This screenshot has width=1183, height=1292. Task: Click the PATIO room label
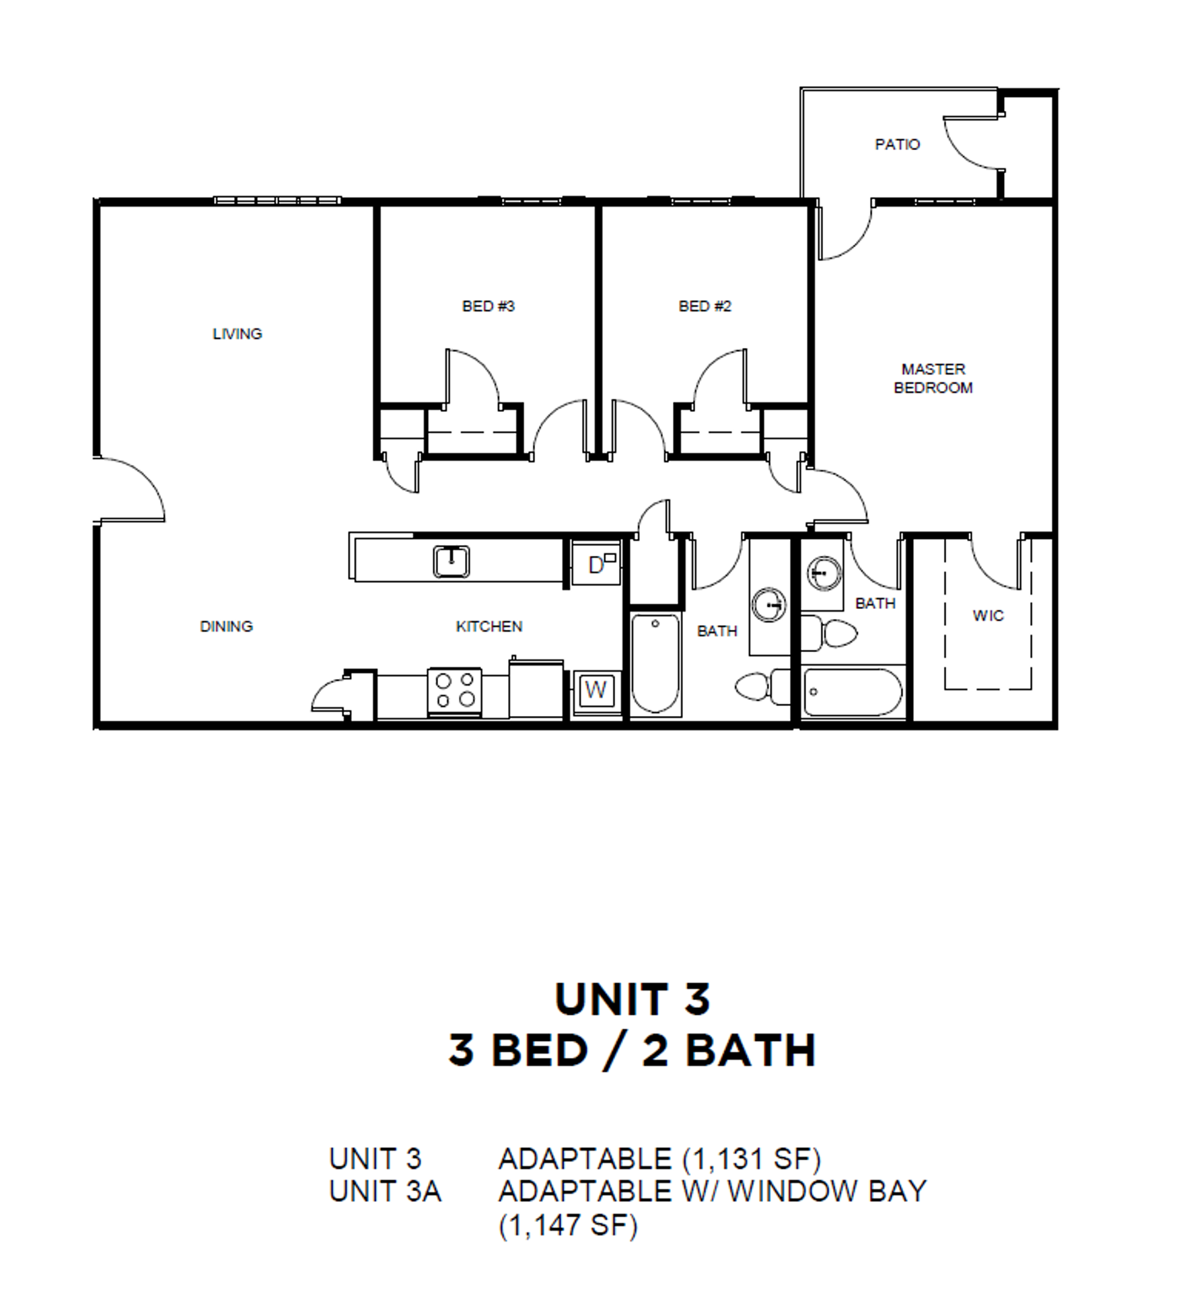tap(897, 144)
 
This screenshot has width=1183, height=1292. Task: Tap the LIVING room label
tap(237, 334)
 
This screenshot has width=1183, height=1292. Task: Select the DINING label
tap(226, 626)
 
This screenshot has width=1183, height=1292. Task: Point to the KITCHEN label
tap(489, 626)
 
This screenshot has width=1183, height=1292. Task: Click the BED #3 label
tap(488, 306)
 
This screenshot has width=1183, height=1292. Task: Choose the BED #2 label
tap(705, 306)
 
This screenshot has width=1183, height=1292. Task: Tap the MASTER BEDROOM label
tap(933, 378)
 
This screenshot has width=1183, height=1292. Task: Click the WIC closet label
tap(988, 616)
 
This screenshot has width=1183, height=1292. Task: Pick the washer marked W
tap(596, 690)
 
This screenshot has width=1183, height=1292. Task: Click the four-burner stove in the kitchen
tap(455, 691)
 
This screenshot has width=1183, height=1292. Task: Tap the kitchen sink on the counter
tap(451, 561)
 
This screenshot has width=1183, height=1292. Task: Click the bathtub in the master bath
tap(854, 692)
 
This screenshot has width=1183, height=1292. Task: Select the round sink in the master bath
tap(824, 573)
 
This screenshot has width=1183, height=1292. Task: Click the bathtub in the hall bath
tap(655, 663)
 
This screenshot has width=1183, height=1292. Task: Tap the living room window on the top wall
tap(277, 201)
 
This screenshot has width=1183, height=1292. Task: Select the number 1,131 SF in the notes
tap(752, 1159)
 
